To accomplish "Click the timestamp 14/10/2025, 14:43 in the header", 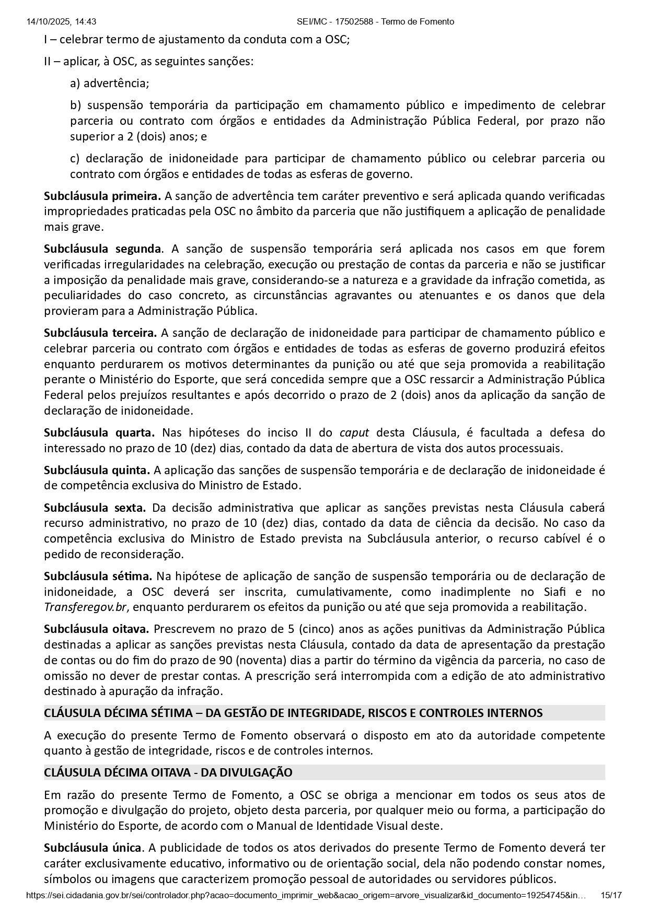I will coord(61,21).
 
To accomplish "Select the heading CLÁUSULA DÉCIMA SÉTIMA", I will coord(293,713).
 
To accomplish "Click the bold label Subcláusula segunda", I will coord(102,249).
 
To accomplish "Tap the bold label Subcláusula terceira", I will coord(100,333).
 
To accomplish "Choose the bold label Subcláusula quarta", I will coord(99,432).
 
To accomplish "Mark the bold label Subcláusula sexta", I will coord(95,508).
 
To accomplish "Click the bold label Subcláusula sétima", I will coord(98,576).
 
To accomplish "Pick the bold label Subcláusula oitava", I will coord(97,629).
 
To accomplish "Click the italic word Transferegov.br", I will coord(85,607).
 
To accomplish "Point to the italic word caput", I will coord(354,432).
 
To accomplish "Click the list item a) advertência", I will coord(110,84).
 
